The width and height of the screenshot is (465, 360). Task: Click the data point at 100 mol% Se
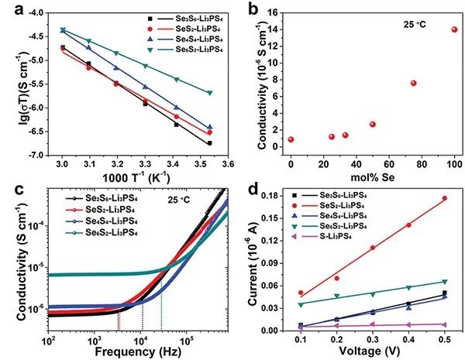[455, 29]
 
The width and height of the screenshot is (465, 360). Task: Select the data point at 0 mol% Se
[291, 139]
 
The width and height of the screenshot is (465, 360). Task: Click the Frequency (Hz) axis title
[139, 353]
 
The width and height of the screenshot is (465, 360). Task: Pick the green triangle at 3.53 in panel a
[209, 93]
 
